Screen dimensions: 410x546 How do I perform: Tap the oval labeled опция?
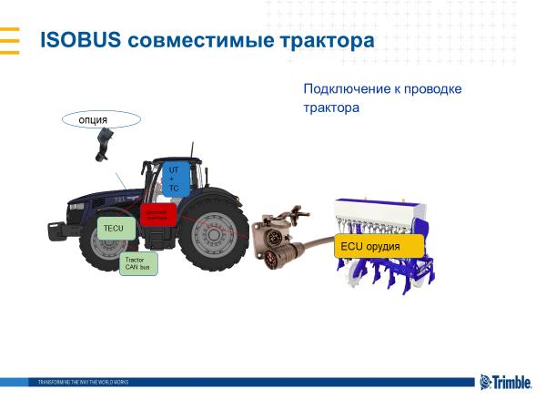point(101,119)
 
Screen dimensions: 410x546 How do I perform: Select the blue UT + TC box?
point(174,178)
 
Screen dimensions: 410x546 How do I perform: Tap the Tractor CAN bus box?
point(139,263)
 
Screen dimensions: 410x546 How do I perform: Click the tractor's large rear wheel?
point(210,234)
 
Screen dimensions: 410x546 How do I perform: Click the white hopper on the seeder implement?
point(377,213)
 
